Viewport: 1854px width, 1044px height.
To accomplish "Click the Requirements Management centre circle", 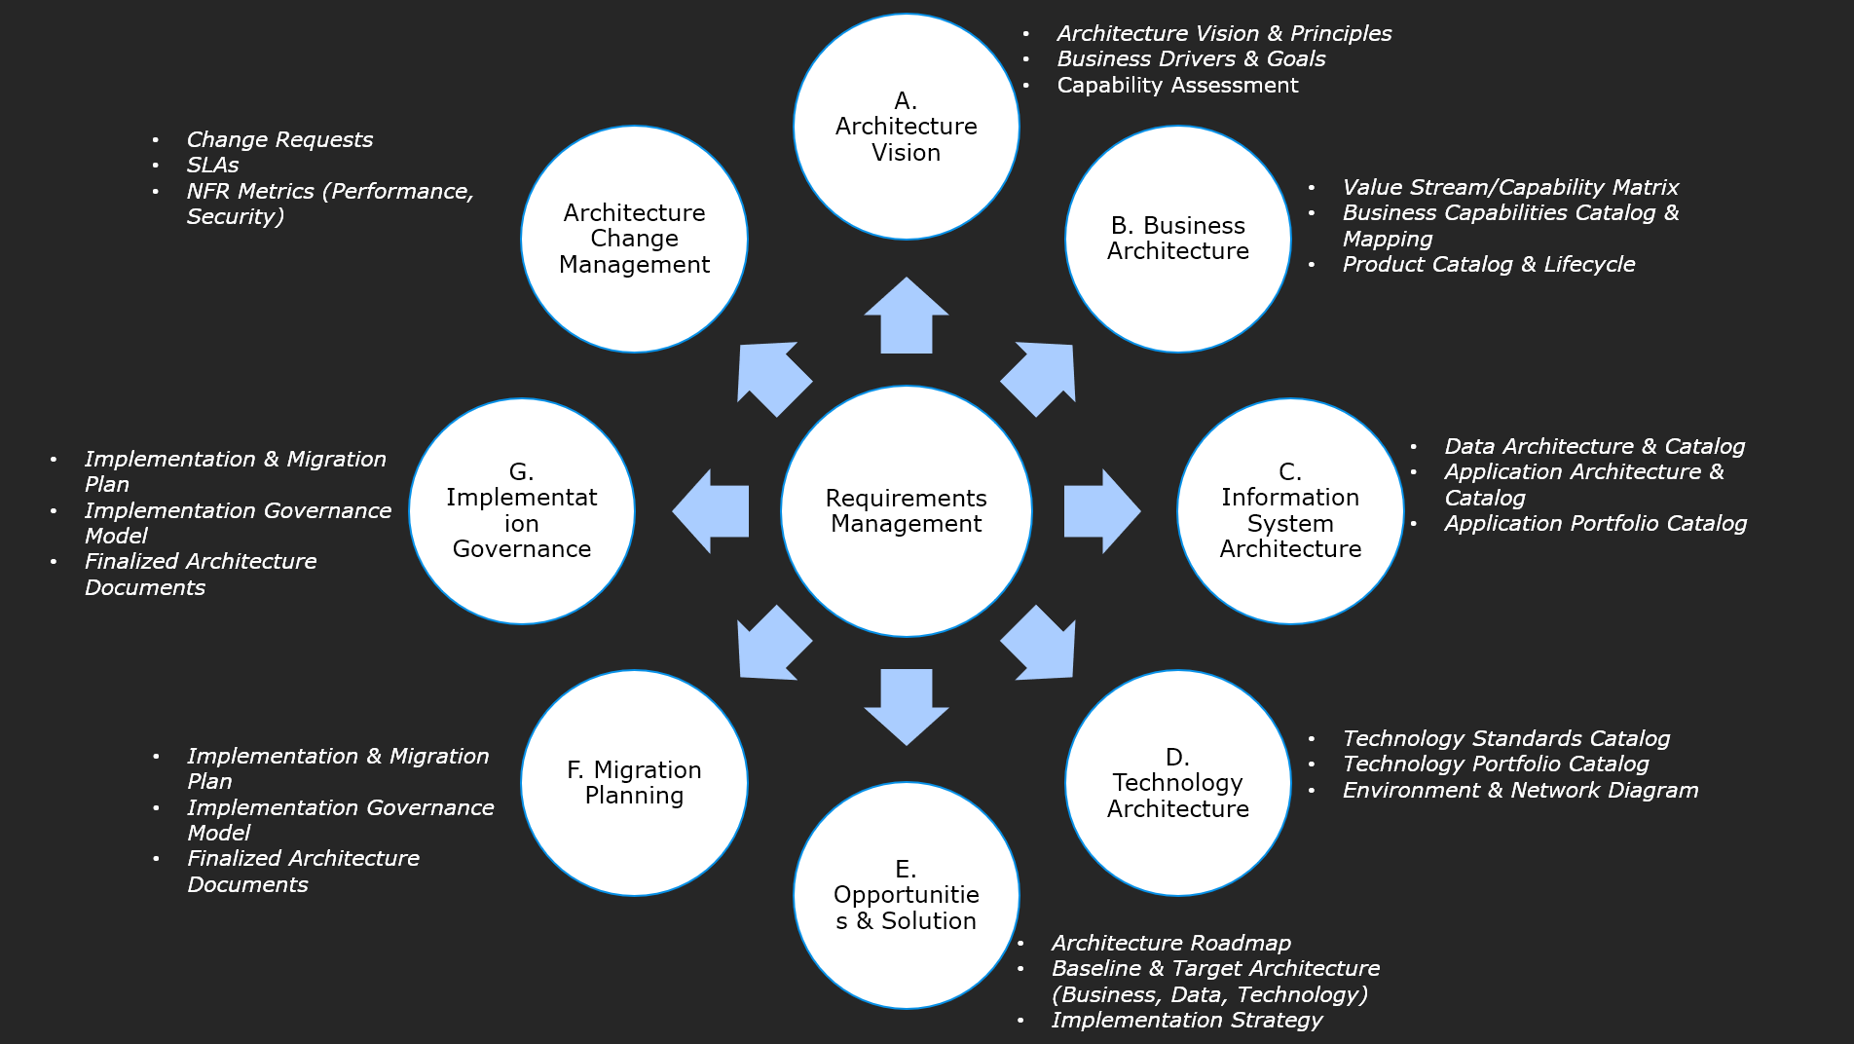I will [x=906, y=511].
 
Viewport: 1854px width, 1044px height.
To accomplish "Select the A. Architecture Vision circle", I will [x=906, y=127].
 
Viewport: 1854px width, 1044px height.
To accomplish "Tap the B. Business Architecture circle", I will [x=1178, y=239].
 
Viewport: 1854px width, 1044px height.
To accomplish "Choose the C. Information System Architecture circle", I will [x=1290, y=511].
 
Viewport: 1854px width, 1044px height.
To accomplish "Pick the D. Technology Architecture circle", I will [x=1178, y=783].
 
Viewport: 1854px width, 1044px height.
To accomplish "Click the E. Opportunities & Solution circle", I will [x=906, y=895].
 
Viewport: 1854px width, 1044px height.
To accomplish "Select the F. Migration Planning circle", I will [x=634, y=783].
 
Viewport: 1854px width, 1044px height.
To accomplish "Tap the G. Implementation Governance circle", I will [x=522, y=511].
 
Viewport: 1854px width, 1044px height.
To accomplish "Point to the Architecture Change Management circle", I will [x=634, y=239].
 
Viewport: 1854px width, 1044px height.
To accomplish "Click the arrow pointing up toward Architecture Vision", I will [x=907, y=317].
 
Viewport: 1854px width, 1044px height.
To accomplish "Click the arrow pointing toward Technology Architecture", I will [x=1041, y=645].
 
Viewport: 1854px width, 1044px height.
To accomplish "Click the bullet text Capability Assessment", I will [x=1177, y=86].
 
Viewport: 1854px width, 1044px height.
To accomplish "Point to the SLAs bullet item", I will [x=212, y=166].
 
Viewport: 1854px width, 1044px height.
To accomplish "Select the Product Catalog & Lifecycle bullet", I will [x=1488, y=265].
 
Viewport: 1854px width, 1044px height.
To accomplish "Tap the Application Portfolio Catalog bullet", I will [x=1595, y=524].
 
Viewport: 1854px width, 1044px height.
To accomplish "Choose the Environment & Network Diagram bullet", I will [x=1520, y=791].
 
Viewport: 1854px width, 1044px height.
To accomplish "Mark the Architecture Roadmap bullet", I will [x=1170, y=944].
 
